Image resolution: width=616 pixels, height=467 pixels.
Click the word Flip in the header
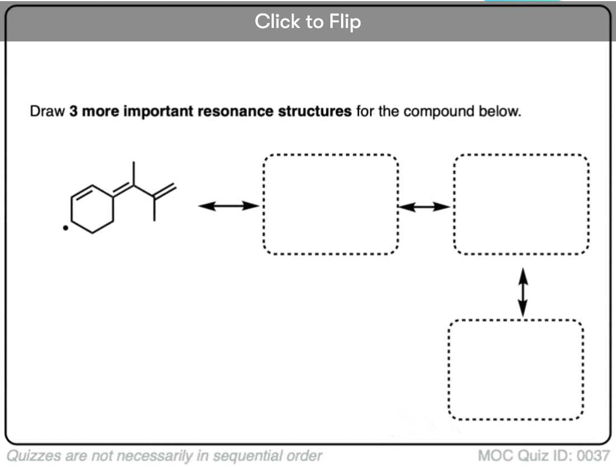click(345, 21)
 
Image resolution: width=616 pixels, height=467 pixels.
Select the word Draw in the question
click(48, 111)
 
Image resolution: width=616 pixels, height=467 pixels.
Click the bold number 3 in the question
click(73, 111)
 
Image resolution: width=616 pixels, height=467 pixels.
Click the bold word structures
click(315, 111)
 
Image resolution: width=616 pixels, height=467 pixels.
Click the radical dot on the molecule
click(66, 228)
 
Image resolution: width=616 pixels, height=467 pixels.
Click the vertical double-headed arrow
click(523, 292)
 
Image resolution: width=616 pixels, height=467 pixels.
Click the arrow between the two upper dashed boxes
click(424, 207)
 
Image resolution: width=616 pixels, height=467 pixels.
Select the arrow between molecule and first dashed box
click(228, 206)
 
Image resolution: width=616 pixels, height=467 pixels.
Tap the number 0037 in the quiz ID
click(593, 456)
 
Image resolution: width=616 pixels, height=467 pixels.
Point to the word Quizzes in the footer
click(34, 456)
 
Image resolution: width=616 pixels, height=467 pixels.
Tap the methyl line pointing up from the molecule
click(134, 173)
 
